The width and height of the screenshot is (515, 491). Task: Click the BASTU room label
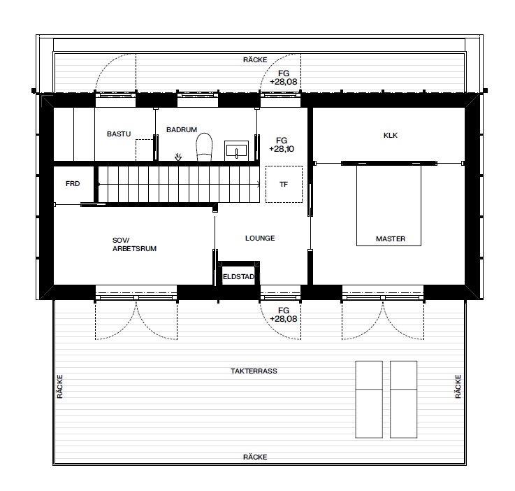coord(119,134)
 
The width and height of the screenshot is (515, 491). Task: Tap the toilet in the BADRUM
coord(204,147)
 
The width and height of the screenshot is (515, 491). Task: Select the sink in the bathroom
coord(236,150)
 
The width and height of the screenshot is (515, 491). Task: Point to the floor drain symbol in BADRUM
coord(178,157)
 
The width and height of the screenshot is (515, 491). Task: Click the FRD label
coord(73,184)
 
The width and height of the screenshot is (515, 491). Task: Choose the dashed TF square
coord(284,184)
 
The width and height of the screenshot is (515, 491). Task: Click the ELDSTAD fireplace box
coord(239,273)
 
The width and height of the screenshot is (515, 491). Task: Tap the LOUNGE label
coord(260,239)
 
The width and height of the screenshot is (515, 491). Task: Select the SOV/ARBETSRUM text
coord(134,245)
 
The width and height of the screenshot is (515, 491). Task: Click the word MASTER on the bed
coord(391,239)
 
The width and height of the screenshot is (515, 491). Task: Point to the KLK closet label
coord(391,136)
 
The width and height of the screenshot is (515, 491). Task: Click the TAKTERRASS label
coord(254,371)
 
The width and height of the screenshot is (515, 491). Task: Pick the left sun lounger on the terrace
coord(369,399)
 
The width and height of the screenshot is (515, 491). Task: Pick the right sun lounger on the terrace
coord(404,399)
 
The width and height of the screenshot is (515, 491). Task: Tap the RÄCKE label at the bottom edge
coord(255,457)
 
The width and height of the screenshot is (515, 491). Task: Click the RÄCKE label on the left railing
coord(60,387)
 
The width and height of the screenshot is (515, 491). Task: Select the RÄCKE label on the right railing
coord(458,387)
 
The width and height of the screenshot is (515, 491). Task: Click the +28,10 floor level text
coord(282,149)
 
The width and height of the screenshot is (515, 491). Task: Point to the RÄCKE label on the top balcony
coord(255,60)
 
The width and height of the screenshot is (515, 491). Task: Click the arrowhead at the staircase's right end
coord(259,185)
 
